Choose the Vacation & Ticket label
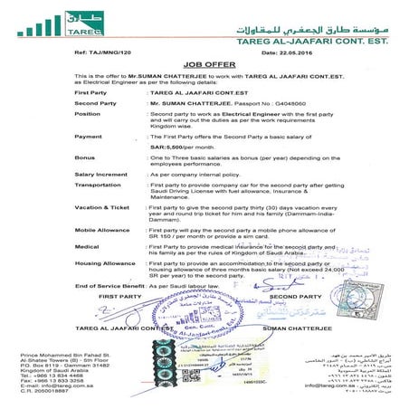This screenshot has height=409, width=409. [103, 207]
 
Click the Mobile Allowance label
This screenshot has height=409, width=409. [102, 230]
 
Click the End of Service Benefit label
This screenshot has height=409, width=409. [109, 286]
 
